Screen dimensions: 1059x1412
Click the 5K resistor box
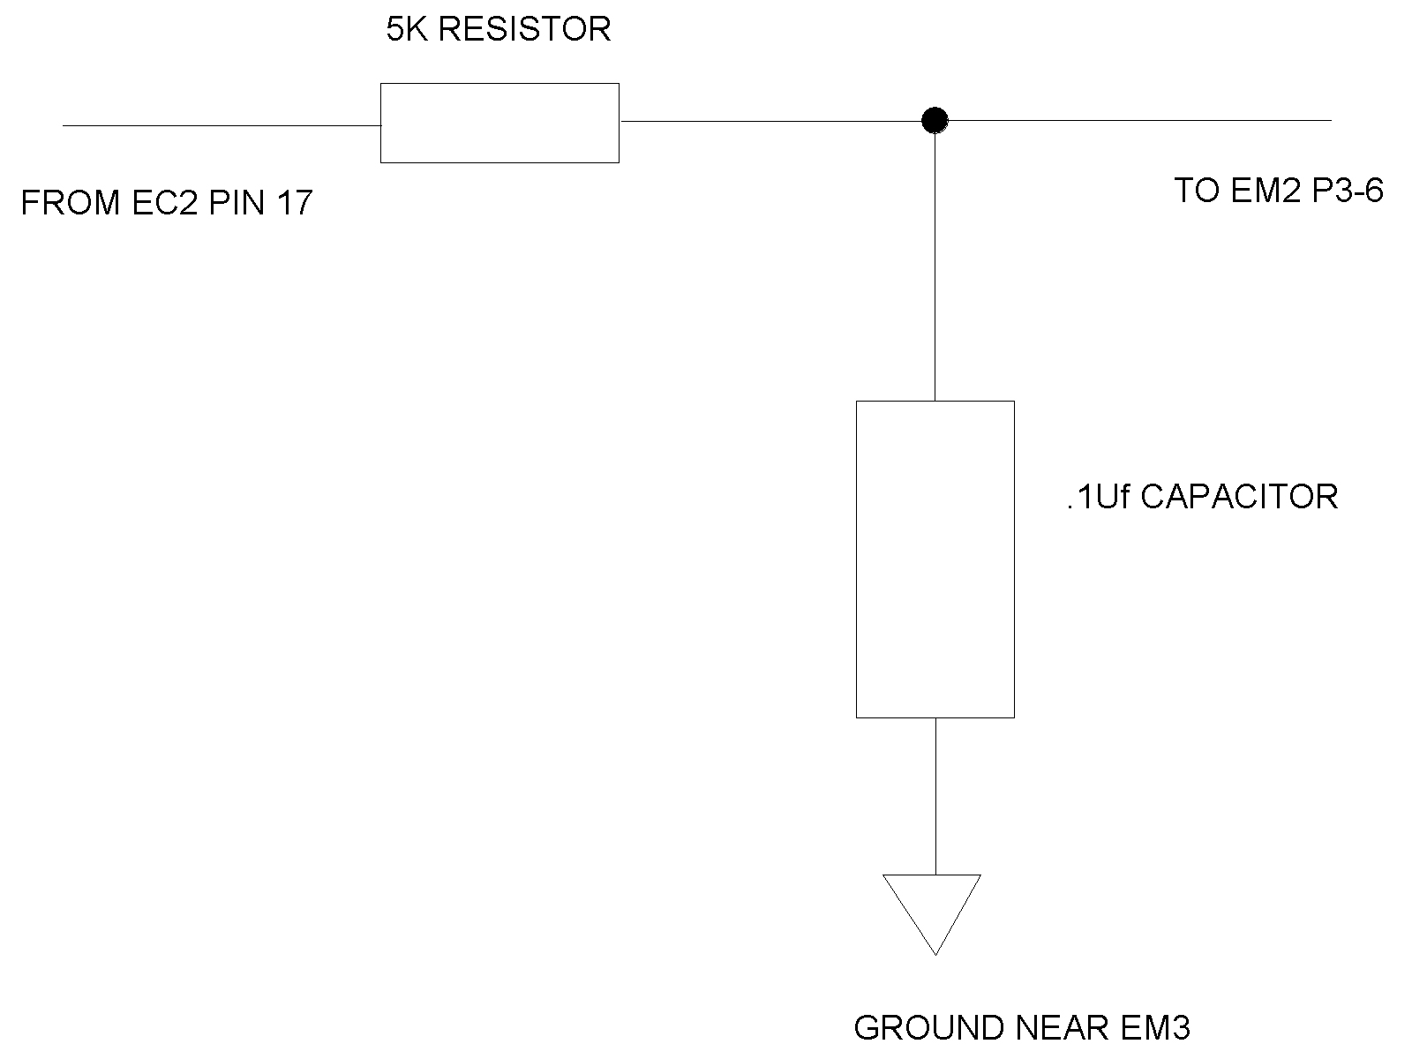(499, 123)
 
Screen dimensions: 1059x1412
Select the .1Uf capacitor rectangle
(935, 559)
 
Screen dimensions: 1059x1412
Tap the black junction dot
(935, 120)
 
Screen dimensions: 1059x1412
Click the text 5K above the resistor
(407, 30)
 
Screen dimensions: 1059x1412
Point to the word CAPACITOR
(1239, 497)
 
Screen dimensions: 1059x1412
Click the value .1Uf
(1098, 497)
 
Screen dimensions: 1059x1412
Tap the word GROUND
(929, 1028)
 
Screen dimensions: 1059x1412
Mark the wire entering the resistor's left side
(221, 125)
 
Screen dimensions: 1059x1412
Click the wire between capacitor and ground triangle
(935, 795)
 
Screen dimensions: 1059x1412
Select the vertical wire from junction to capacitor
(935, 265)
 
